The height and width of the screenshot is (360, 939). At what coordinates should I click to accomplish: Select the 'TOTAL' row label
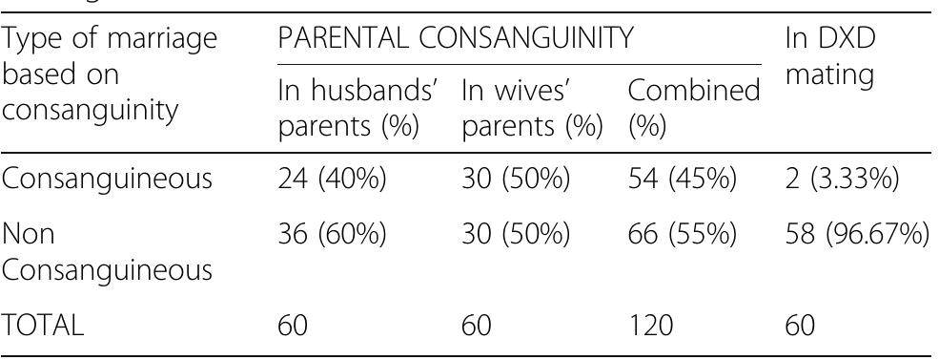point(43,327)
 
